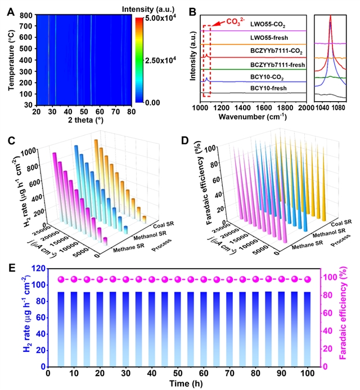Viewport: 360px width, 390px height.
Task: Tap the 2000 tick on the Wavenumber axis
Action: point(305,107)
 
